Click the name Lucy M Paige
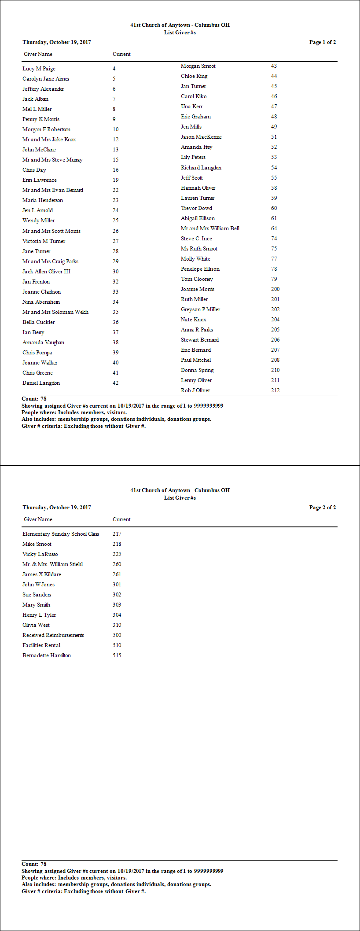click(x=39, y=69)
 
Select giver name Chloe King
click(x=194, y=76)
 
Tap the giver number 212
click(x=275, y=390)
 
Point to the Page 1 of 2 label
click(x=322, y=42)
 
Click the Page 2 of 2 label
click(x=322, y=508)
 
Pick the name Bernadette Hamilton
click(x=47, y=655)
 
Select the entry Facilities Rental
click(x=41, y=645)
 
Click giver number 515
click(x=117, y=655)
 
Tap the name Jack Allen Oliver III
click(x=46, y=272)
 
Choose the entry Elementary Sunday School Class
click(x=61, y=534)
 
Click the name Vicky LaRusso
click(x=40, y=554)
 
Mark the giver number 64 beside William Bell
click(x=274, y=228)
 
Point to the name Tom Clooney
click(x=197, y=279)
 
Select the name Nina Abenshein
click(x=41, y=302)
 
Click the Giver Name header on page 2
click(x=38, y=519)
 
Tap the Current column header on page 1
click(x=121, y=54)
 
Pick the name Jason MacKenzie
click(x=201, y=137)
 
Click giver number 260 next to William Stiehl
click(x=117, y=564)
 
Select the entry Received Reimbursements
click(x=53, y=635)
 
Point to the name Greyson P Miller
click(x=200, y=309)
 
